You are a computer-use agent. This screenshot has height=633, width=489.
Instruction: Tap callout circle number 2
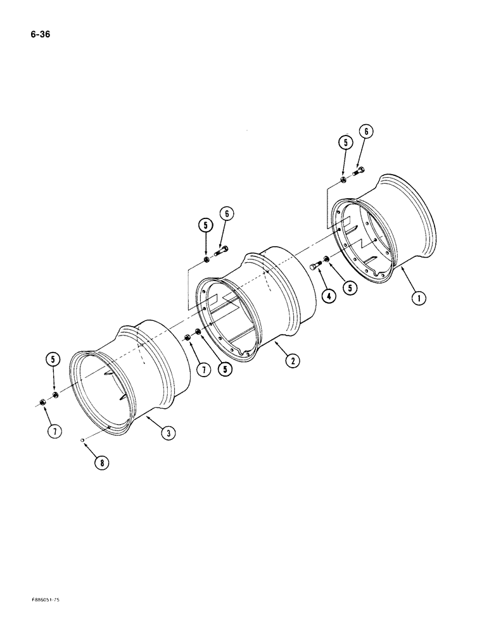coord(292,361)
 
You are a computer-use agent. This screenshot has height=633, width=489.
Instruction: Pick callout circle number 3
coord(168,433)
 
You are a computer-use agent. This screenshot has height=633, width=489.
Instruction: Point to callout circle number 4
coord(329,295)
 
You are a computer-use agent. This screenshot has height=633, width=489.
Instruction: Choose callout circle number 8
coord(101,462)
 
